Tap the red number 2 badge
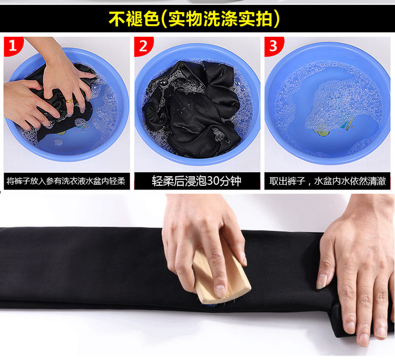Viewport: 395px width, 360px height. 143,46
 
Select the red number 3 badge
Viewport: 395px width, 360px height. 273,46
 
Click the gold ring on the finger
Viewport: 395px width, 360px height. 70,101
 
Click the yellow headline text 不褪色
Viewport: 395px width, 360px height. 134,19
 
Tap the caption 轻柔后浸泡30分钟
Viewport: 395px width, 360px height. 196,181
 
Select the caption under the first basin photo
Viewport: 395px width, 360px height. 66,181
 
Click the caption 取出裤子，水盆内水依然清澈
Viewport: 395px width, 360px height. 328,181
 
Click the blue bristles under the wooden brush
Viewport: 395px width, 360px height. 209,304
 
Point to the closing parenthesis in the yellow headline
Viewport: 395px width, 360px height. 276,19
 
